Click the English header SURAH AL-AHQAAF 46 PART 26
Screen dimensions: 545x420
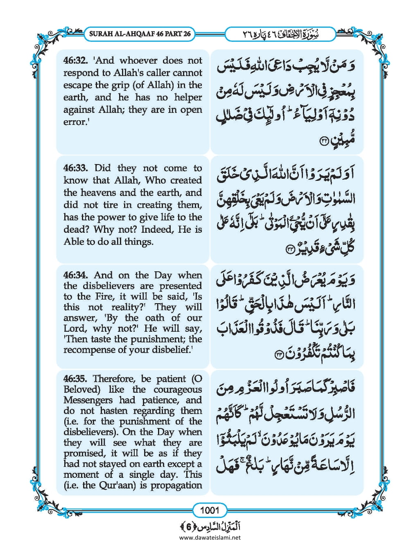pos(140,34)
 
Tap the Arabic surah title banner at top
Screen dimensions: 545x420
pos(280,34)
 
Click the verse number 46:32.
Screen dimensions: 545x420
pos(76,61)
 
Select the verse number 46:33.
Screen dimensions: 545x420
pos(76,168)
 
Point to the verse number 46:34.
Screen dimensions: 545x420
pos(76,275)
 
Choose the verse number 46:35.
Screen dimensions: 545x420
pos(76,379)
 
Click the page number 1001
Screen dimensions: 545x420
pos(210,510)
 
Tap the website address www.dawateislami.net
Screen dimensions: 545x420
pos(210,538)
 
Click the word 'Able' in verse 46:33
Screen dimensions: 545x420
pos(73,242)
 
